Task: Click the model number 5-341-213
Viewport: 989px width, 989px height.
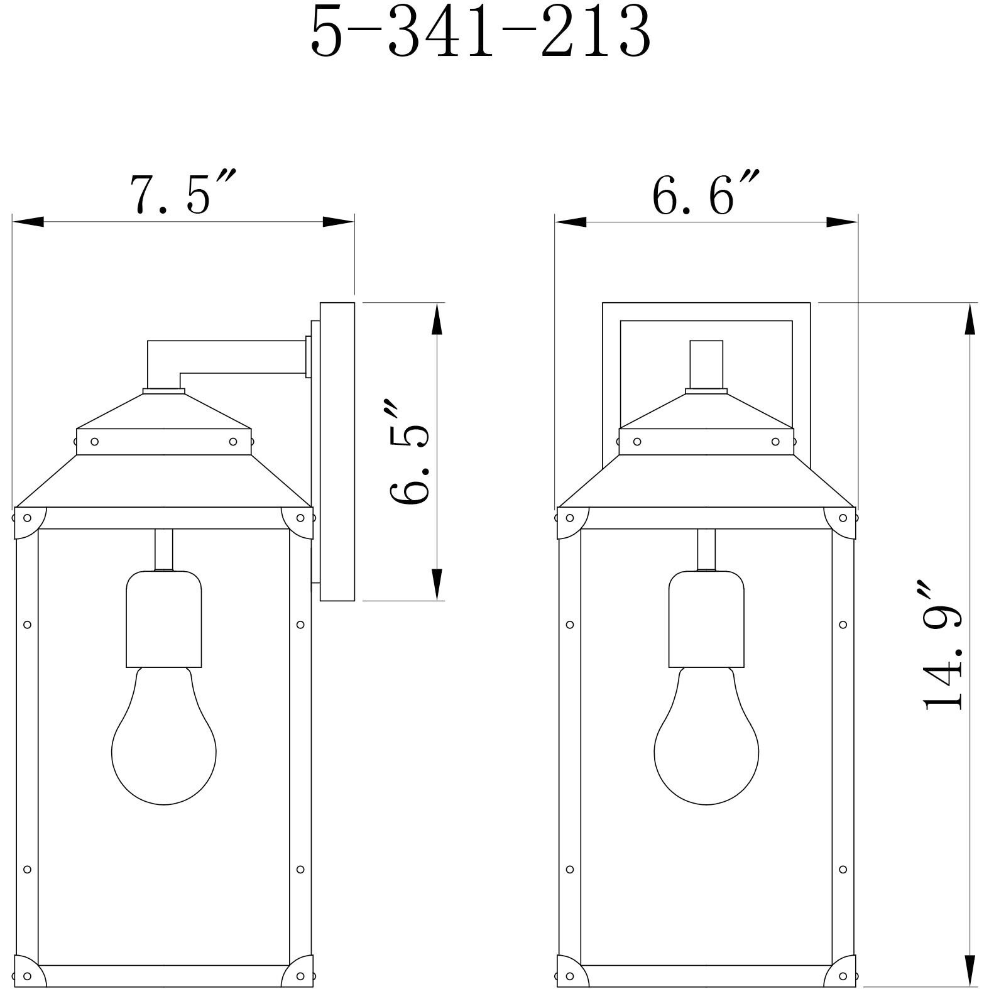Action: [x=481, y=33]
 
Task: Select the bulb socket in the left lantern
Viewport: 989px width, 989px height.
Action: [x=163, y=619]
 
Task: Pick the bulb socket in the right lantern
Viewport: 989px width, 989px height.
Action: [x=706, y=619]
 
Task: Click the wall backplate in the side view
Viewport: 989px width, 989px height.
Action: [x=337, y=451]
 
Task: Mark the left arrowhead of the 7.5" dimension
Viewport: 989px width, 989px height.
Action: [x=28, y=222]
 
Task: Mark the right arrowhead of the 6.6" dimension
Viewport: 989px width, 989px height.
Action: [x=842, y=222]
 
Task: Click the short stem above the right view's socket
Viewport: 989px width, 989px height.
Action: [x=706, y=549]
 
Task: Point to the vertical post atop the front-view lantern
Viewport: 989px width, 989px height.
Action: [x=706, y=364]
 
